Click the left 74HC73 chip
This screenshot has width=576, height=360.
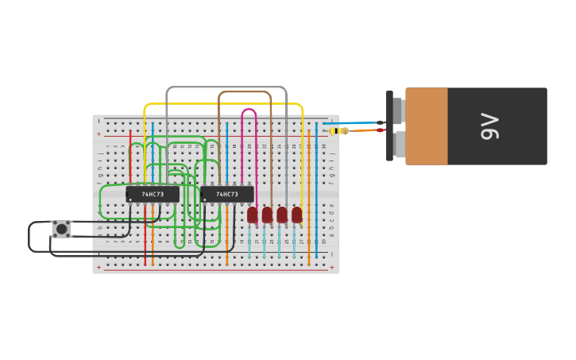click(153, 194)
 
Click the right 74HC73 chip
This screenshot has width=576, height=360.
click(227, 194)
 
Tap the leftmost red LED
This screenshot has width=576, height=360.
click(253, 215)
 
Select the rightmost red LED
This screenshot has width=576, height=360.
click(297, 215)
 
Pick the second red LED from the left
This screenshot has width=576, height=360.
click(267, 215)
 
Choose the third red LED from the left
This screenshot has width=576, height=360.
click(282, 215)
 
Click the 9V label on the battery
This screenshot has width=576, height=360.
click(490, 126)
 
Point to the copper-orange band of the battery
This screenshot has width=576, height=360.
click(427, 126)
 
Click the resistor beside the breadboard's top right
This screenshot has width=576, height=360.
click(340, 131)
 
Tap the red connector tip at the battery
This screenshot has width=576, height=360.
click(381, 130)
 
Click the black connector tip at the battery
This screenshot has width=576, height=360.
click(381, 122)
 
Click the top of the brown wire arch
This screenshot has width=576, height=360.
click(245, 92)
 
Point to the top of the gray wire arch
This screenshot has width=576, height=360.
click(226, 87)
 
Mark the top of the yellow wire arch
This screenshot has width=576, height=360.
click(222, 103)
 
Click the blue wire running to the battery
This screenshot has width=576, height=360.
click(354, 123)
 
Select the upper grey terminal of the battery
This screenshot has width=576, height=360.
click(398, 110)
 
